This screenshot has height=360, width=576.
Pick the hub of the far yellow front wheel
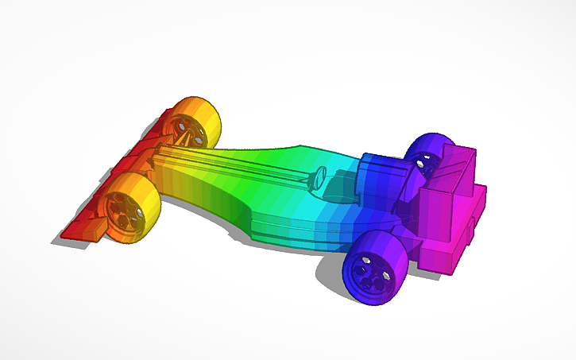[x=184, y=126]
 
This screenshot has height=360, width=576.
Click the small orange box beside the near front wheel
[x=94, y=230]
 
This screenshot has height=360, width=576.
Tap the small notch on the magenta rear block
[x=475, y=230]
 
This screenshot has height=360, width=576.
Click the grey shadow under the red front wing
[x=68, y=241]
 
